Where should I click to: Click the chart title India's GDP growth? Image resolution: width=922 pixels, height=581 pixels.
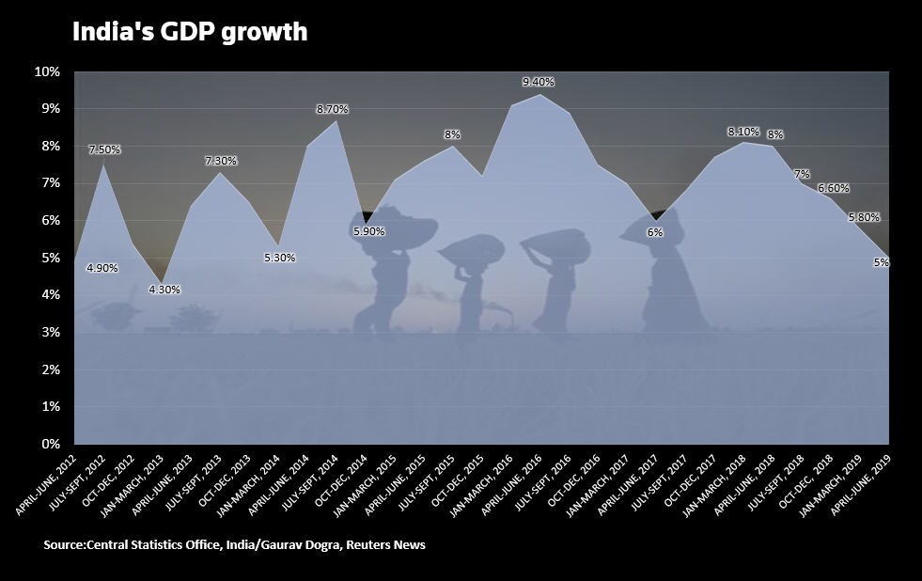[x=190, y=32]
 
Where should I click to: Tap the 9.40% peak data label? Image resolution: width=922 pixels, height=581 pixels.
[x=539, y=83]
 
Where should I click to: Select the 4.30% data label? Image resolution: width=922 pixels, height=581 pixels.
[x=164, y=290]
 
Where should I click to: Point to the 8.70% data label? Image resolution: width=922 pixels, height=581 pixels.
[x=332, y=109]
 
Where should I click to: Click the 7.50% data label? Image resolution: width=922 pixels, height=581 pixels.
[x=104, y=149]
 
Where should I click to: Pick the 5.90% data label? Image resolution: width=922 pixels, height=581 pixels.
[x=368, y=231]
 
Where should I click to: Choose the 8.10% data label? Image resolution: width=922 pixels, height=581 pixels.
[x=742, y=132]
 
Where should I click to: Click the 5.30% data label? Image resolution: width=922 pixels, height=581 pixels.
[x=279, y=258]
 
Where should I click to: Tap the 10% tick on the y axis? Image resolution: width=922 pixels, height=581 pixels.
[x=47, y=71]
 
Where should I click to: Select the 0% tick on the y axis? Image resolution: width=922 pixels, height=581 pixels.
[x=50, y=444]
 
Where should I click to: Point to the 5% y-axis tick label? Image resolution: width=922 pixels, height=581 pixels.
[x=50, y=258]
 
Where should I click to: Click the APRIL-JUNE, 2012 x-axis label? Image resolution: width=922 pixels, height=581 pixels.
[x=43, y=485]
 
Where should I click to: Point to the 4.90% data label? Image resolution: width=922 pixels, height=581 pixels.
[x=102, y=268]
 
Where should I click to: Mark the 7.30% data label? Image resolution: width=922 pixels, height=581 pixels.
[x=221, y=161]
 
